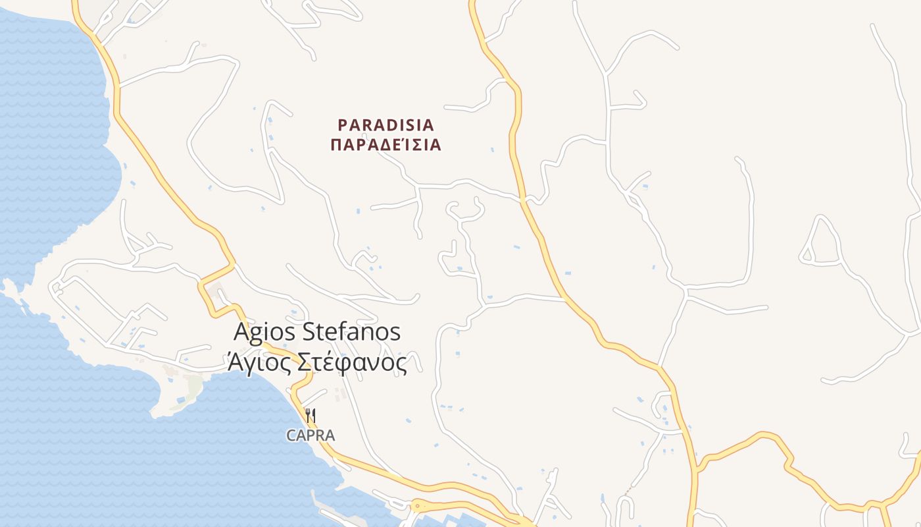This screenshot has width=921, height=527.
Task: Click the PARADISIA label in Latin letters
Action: [386, 125]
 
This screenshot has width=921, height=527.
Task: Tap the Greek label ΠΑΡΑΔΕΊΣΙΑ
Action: [386, 145]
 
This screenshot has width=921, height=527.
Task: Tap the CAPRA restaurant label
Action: [311, 435]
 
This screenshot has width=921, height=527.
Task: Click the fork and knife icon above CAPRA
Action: [311, 416]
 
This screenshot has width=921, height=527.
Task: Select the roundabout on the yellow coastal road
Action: [416, 507]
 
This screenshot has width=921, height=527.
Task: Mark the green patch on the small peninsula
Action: [193, 385]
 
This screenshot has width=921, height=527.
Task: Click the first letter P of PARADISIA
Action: [342, 125]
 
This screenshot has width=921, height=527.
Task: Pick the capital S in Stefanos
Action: [309, 331]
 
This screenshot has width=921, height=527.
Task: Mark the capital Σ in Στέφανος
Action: [303, 362]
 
